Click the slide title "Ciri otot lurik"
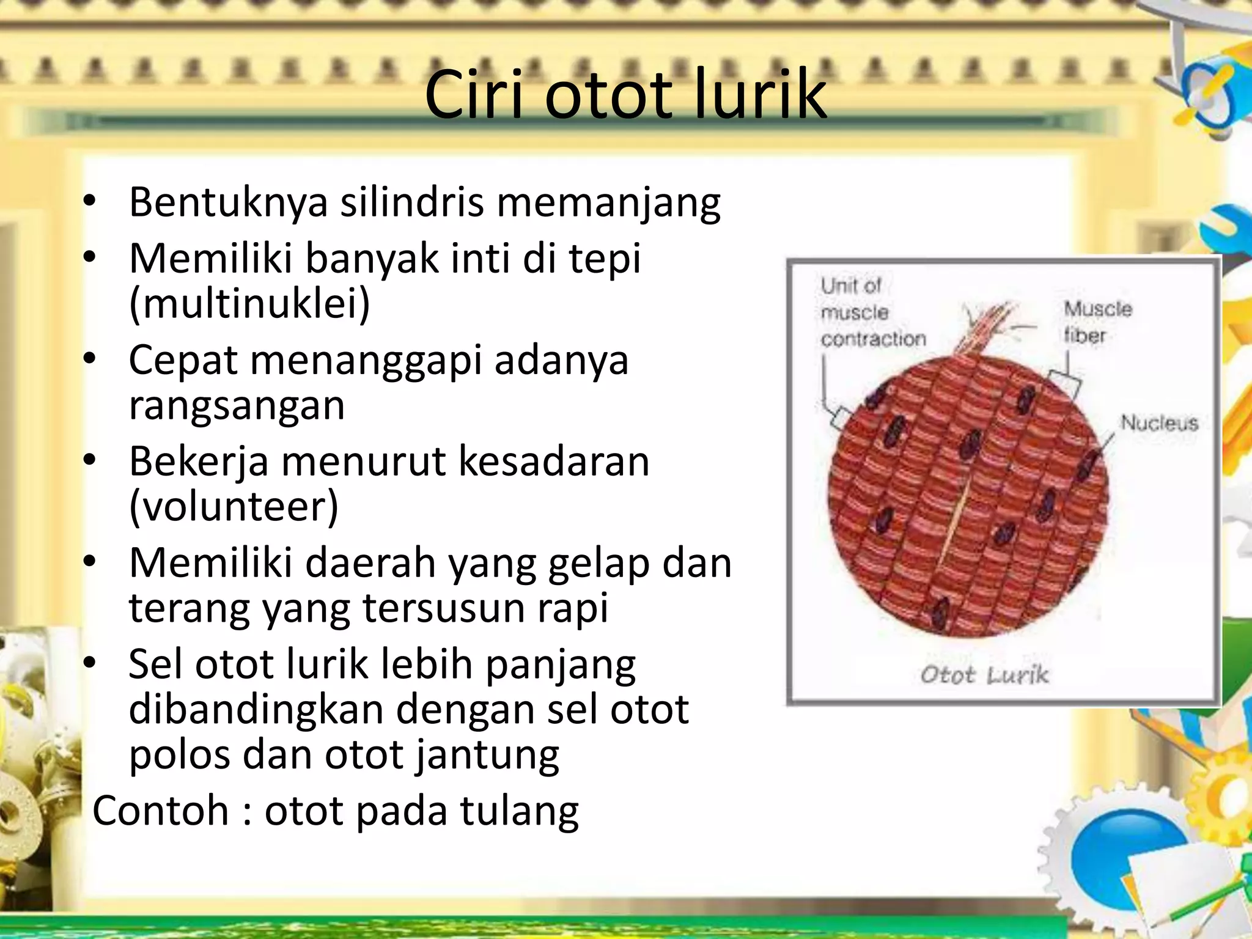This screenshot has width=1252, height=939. (625, 95)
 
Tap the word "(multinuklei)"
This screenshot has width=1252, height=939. (249, 303)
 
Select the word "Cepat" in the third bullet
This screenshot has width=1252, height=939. (183, 361)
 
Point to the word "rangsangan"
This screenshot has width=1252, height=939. (237, 405)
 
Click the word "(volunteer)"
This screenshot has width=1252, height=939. (234, 506)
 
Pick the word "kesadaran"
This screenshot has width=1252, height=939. (553, 462)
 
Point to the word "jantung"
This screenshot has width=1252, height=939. (487, 755)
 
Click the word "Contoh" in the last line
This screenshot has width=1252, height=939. (160, 811)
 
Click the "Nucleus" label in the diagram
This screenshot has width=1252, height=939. (1158, 422)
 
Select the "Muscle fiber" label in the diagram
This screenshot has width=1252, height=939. (1097, 322)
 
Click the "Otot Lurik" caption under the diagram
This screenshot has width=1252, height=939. (984, 674)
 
